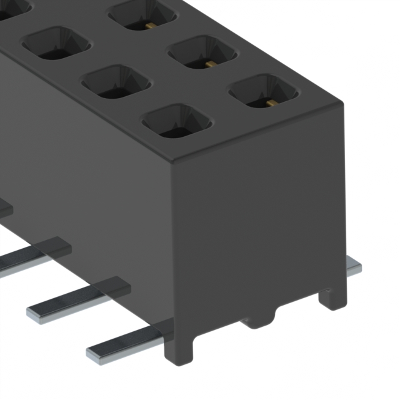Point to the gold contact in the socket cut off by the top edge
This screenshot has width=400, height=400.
coord(151,26)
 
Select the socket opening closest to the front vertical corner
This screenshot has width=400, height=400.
coord(177,121)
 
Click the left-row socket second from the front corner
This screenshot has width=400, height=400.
coord(116,82)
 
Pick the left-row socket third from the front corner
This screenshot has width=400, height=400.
coord(56,44)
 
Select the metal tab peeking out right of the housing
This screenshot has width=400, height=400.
coord(354,267)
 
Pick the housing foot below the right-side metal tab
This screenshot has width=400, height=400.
coord(332,297)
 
